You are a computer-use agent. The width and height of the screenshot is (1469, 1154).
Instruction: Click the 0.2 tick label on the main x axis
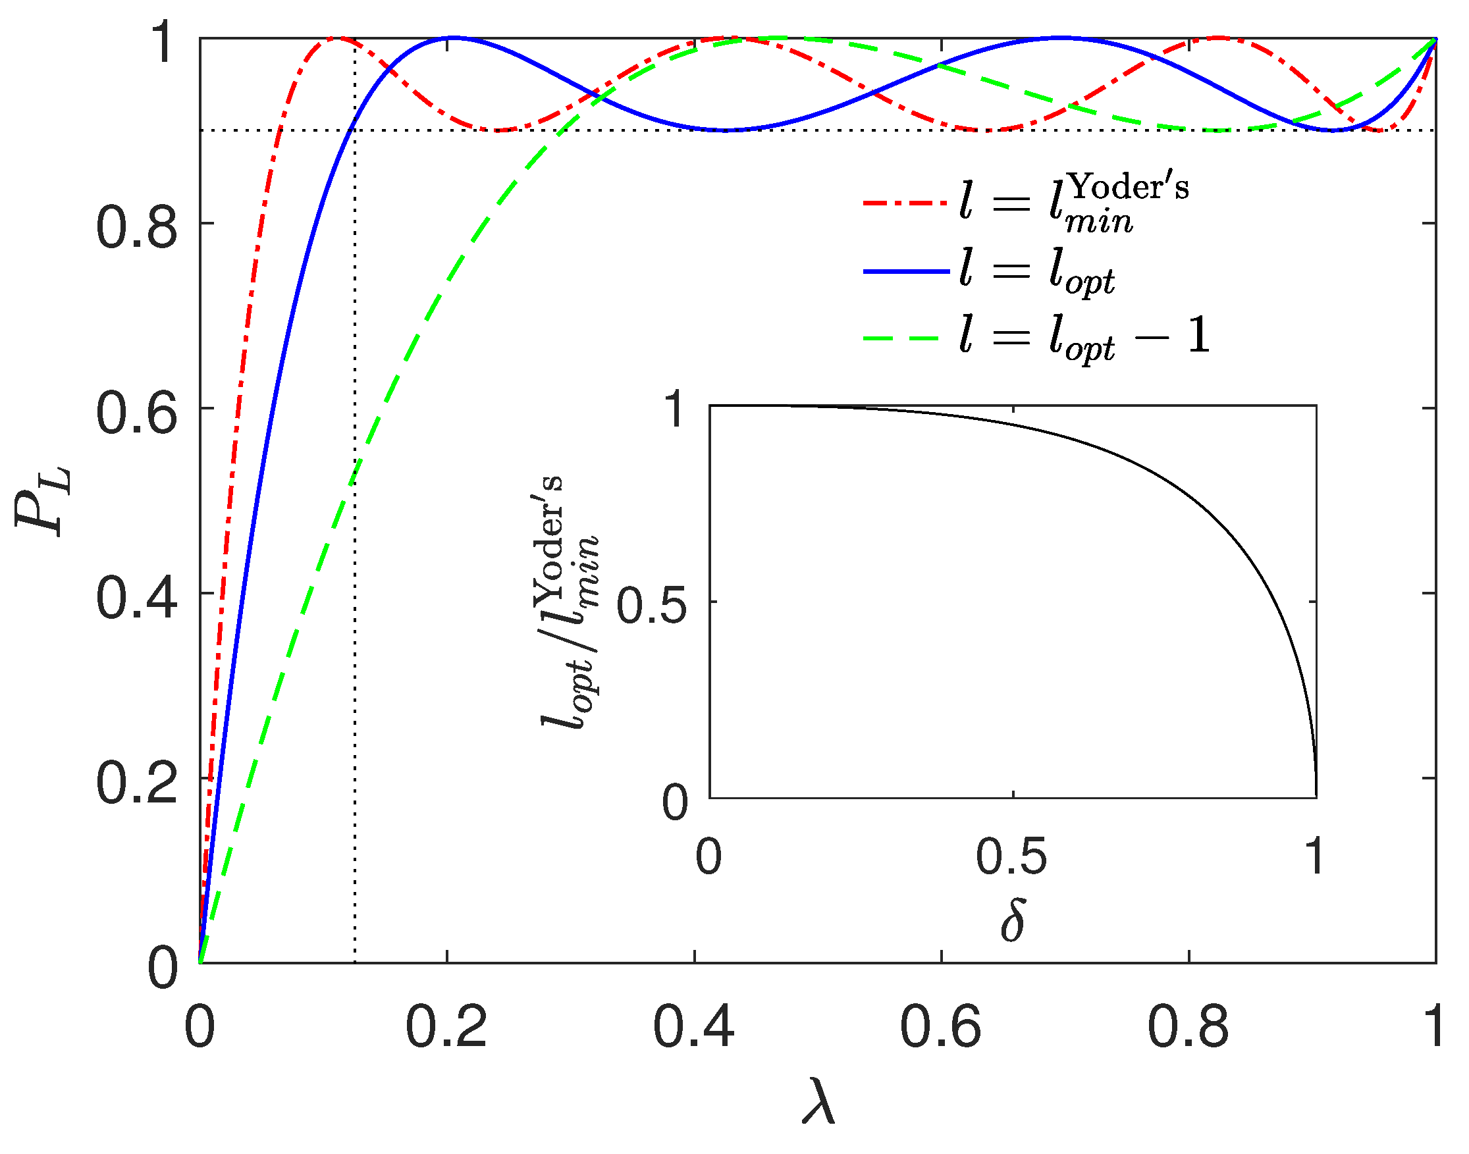(446, 1028)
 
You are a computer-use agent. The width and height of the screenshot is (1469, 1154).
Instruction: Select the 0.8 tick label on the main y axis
(136, 228)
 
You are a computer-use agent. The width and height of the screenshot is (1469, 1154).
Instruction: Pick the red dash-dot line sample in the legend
(906, 203)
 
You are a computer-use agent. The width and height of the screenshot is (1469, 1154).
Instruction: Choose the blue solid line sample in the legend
(906, 271)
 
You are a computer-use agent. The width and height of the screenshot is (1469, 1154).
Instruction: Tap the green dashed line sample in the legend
(906, 337)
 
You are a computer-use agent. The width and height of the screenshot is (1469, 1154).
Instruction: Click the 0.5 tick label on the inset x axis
(1011, 857)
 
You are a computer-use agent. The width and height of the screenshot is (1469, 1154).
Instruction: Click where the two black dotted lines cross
(355, 130)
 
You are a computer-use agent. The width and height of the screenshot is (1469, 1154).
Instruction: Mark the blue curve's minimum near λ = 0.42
(724, 130)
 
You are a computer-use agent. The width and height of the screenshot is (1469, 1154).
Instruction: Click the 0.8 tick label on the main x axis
(1188, 1028)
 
